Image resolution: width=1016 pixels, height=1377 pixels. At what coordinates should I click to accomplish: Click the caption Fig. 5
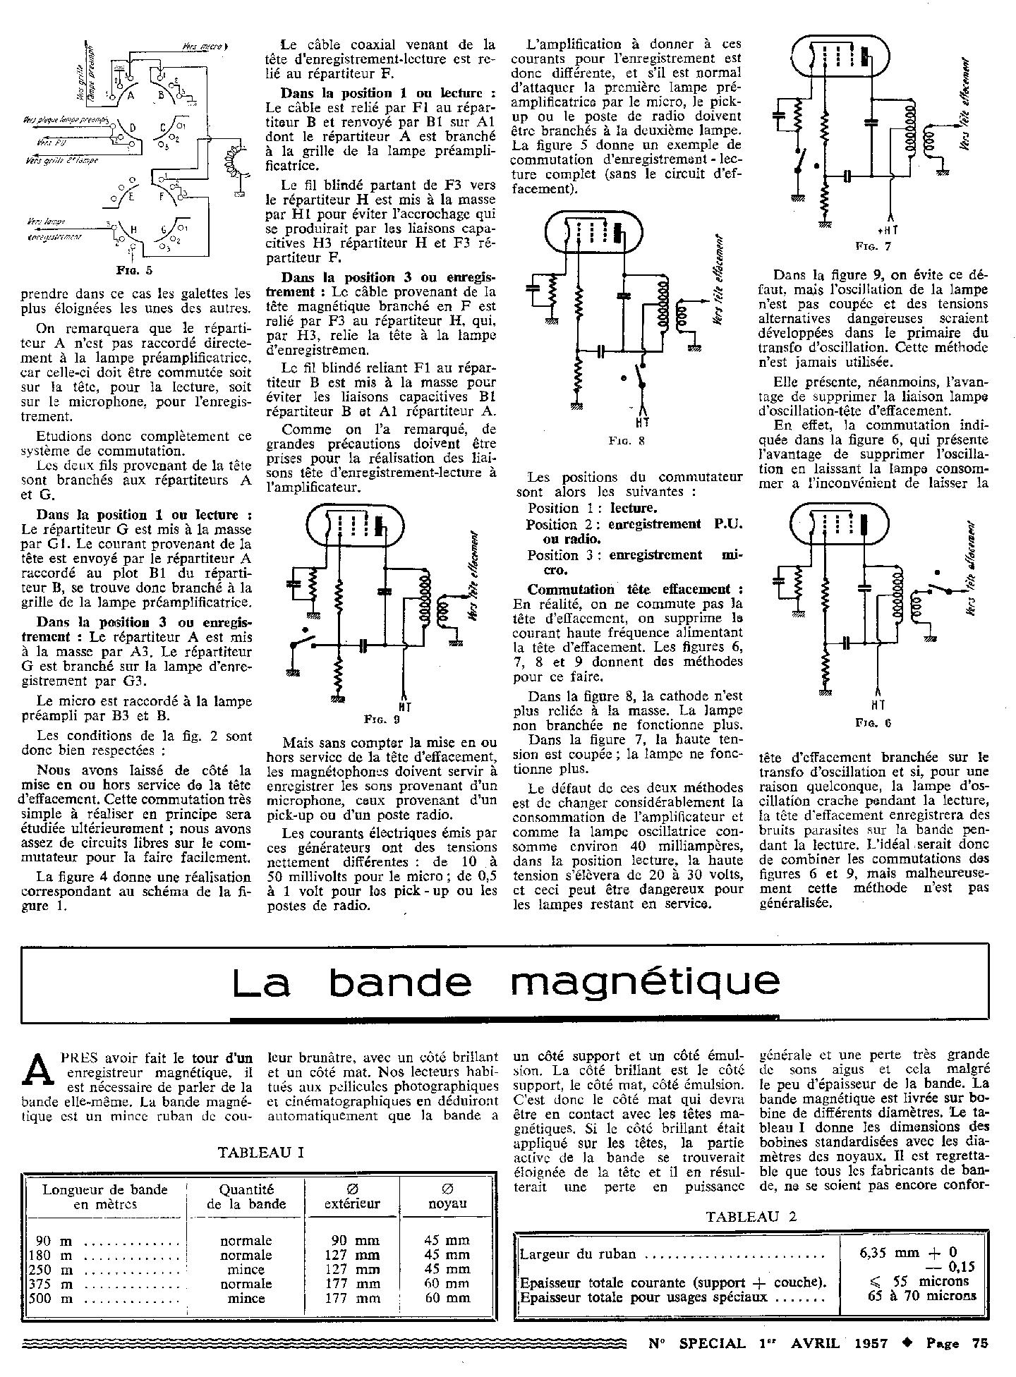[134, 269]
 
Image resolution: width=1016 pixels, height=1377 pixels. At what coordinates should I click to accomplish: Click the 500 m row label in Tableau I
[49, 1298]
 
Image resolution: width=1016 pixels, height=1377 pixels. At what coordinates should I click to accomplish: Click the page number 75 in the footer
[978, 1343]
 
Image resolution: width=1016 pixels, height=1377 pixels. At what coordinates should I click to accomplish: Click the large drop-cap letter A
[39, 1072]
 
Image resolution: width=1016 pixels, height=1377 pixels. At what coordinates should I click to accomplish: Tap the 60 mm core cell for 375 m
[447, 1284]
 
